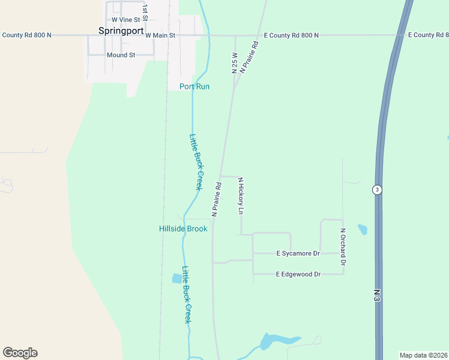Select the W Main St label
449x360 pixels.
tap(160, 35)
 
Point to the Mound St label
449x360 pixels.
tap(121, 55)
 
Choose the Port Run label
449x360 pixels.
tap(194, 86)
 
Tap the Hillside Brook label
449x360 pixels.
tap(183, 229)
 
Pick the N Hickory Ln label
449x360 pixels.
tap(241, 196)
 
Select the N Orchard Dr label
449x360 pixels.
tap(343, 247)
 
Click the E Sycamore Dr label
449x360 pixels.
tap(298, 254)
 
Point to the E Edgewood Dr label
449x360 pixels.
tap(298, 274)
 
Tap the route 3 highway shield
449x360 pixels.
tap(376, 190)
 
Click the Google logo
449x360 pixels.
tap(20, 353)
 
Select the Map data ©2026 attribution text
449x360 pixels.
tap(423, 355)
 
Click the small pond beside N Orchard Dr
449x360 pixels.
tap(362, 229)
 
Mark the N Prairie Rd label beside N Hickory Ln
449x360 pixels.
tap(217, 200)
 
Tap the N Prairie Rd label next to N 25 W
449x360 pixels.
tap(249, 57)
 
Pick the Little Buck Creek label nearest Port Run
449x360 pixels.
tap(196, 162)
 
